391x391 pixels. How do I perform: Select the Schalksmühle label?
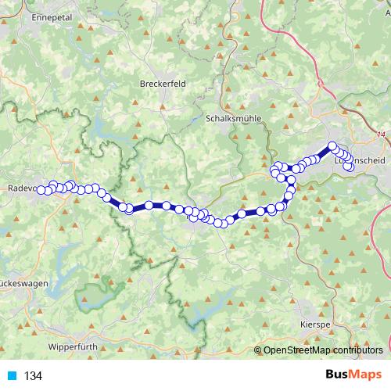(x=232, y=118)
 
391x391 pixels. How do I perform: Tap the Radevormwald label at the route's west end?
(x=17, y=188)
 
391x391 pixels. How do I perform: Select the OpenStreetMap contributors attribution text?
(x=322, y=350)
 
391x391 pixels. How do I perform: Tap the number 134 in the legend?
(x=33, y=376)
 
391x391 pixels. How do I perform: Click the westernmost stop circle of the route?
(x=40, y=190)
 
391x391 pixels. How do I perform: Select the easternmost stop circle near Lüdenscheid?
(x=350, y=167)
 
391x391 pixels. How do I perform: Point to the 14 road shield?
(x=381, y=135)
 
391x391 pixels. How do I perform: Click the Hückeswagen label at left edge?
(x=16, y=279)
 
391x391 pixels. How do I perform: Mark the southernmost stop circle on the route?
(x=222, y=224)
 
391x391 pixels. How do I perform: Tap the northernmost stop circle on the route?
(x=332, y=146)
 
